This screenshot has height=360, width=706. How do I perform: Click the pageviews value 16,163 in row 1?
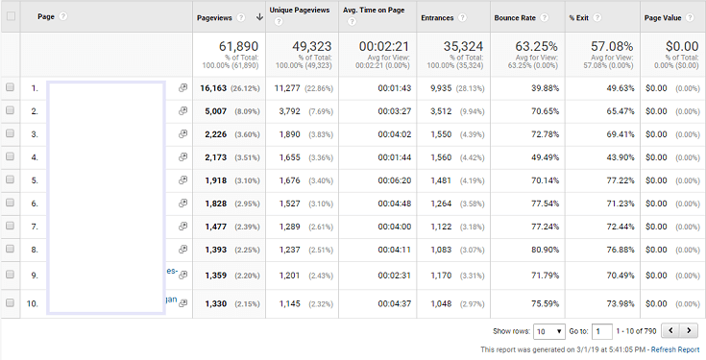click(218, 87)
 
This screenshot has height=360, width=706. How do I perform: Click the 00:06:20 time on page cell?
click(394, 180)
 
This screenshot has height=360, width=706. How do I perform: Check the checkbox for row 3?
click(11, 133)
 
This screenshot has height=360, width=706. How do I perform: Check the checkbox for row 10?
click(11, 302)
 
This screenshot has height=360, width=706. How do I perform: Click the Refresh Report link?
click(675, 349)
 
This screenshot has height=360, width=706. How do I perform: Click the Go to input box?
click(601, 331)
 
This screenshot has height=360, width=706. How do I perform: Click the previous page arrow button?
click(669, 331)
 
